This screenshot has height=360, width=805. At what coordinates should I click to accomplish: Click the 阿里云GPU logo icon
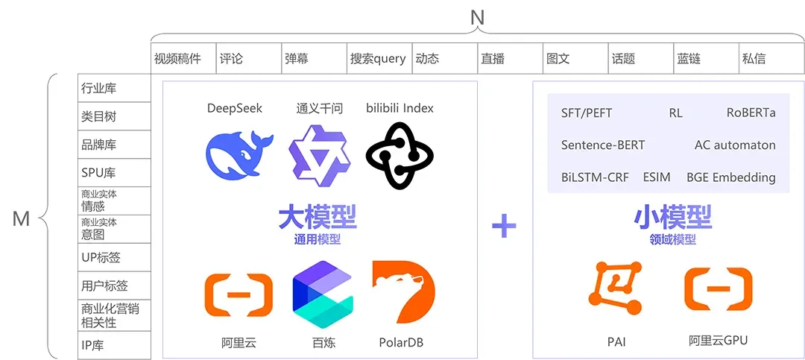tap(718, 288)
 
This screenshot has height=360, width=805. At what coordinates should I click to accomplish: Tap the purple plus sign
tap(504, 225)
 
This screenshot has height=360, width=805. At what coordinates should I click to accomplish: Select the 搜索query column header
tap(378, 59)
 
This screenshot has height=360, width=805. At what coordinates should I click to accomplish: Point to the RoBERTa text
tap(751, 113)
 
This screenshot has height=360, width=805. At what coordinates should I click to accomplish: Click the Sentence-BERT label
tap(602, 145)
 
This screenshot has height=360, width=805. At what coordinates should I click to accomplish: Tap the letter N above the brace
tap(477, 16)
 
